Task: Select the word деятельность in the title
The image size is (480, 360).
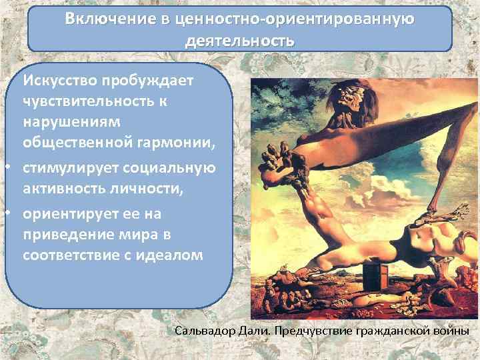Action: [239, 41]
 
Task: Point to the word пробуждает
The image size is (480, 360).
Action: [147, 81]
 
